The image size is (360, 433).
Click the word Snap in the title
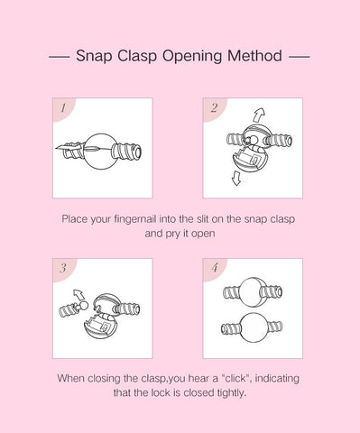pyautogui.click(x=94, y=56)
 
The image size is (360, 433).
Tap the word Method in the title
pyautogui.click(x=254, y=56)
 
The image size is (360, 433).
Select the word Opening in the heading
pyautogui.click(x=192, y=57)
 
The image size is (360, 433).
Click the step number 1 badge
pyautogui.click(x=63, y=108)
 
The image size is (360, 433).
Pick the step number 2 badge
pyautogui.click(x=214, y=108)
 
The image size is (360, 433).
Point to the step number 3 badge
pyautogui.click(x=63, y=269)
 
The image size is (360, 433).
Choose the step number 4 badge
pyautogui.click(x=214, y=269)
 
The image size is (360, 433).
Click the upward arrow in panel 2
pyautogui.click(x=259, y=115)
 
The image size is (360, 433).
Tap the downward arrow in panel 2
pyautogui.click(x=236, y=178)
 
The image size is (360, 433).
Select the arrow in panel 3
pyautogui.click(x=78, y=294)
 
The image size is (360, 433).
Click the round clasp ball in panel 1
pyautogui.click(x=101, y=152)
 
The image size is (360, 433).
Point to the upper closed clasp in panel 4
pyautogui.click(x=253, y=292)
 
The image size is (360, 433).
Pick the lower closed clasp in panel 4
pyautogui.click(x=252, y=328)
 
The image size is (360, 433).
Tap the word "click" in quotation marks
pyautogui.click(x=236, y=378)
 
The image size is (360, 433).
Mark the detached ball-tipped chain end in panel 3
pyautogui.click(x=73, y=309)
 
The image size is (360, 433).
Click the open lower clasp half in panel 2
pyautogui.click(x=249, y=160)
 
